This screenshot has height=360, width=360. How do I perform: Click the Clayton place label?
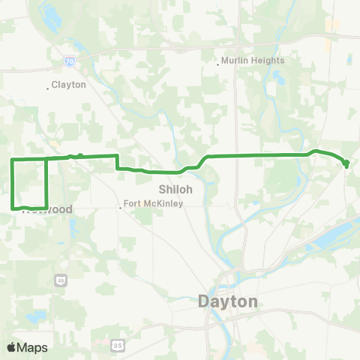pos(70,85)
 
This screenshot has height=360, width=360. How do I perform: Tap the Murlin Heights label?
pos(252,61)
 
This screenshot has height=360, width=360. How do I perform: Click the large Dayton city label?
pos(228,301)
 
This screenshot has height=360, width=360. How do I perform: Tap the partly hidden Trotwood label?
pos(49,210)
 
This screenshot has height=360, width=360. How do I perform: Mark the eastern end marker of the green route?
pos(346,163)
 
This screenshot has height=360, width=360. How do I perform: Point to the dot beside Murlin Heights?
pos(217,64)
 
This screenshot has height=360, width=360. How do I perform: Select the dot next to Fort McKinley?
pos(120,207)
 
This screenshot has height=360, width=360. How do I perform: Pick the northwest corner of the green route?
pos(12,160)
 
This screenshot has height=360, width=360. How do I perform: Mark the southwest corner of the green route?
pos(13,208)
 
